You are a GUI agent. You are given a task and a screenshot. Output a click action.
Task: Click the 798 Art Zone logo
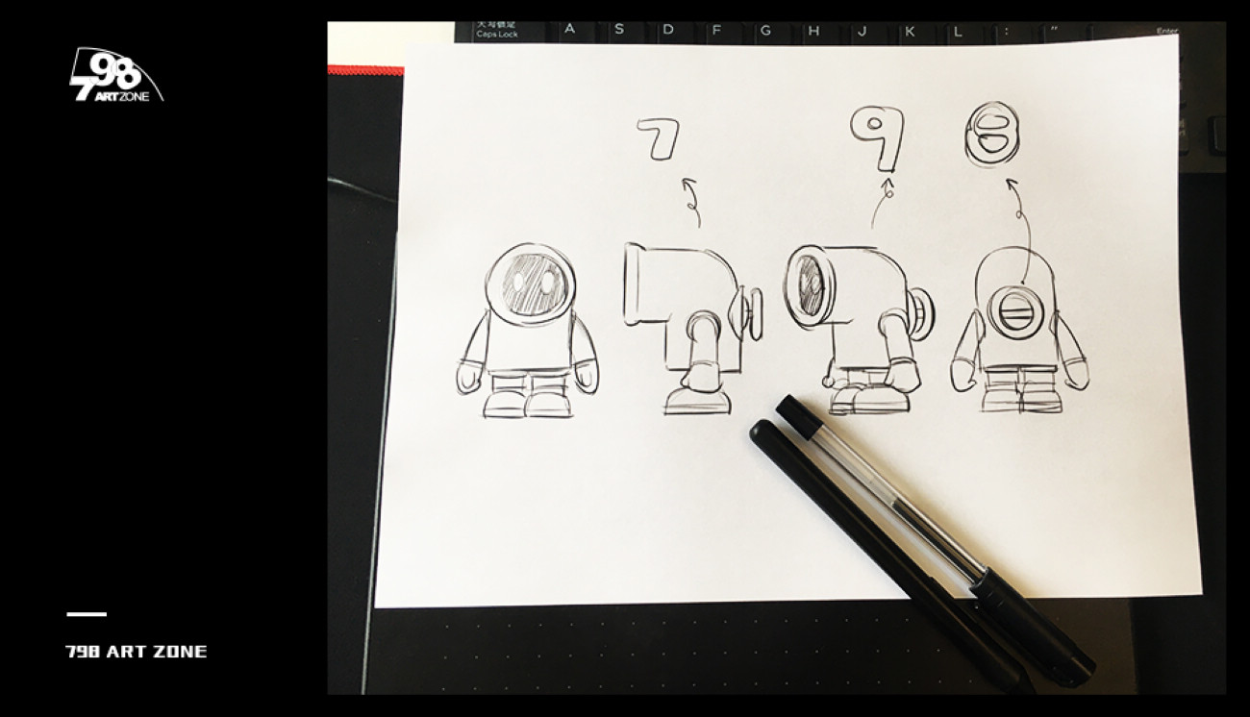116,75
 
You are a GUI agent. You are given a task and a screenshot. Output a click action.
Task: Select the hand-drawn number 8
991,134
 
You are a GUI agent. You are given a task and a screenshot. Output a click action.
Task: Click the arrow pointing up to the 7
693,202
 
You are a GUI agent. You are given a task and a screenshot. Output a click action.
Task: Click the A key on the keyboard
570,29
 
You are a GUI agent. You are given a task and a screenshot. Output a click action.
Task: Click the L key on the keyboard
958,32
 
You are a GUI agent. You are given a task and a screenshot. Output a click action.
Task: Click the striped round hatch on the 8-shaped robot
1015,313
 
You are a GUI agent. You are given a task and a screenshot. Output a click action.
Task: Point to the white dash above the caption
87,614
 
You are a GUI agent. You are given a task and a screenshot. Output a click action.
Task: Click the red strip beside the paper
365,70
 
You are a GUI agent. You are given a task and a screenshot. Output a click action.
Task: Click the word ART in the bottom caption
126,651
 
